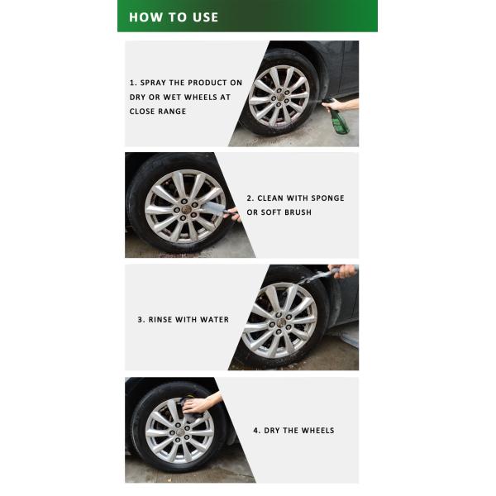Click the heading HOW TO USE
[x=174, y=17]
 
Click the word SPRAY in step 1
[x=155, y=83]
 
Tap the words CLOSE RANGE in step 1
[x=157, y=111]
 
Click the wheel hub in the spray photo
[x=279, y=95]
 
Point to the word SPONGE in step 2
[x=327, y=198]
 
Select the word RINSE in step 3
[x=164, y=319]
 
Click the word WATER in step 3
[x=213, y=319]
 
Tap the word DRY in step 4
[x=274, y=431]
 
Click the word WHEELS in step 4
[x=318, y=431]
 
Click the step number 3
[x=140, y=319]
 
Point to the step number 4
[x=255, y=431]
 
